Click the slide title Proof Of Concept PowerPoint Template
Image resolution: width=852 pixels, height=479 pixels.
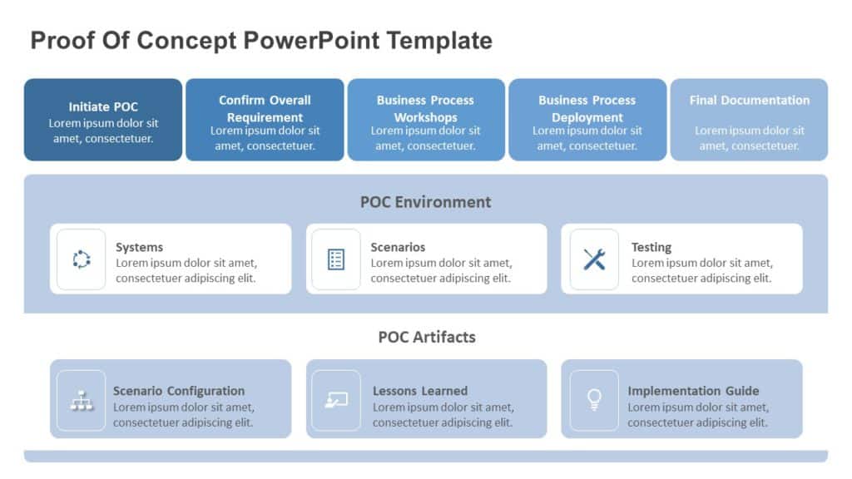(x=261, y=40)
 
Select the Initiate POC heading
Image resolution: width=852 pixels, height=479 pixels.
(x=103, y=106)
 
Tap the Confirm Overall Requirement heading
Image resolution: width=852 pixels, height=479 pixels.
(x=265, y=109)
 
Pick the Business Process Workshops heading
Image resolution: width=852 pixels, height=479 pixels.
(x=425, y=109)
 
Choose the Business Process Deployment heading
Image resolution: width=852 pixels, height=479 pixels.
(x=587, y=109)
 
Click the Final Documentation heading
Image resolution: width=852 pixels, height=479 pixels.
(x=749, y=101)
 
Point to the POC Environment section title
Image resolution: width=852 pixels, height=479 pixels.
(x=425, y=202)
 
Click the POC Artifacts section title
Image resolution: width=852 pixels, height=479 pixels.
(x=426, y=337)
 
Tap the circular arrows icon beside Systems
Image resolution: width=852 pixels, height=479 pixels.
(x=82, y=259)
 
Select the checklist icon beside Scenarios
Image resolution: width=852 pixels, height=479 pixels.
(x=336, y=259)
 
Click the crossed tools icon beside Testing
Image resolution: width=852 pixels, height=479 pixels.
(x=594, y=259)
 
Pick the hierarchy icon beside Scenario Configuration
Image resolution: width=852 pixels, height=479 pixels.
(x=82, y=400)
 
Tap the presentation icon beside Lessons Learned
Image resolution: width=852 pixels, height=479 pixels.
(x=336, y=400)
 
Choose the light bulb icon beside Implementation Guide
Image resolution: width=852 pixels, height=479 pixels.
(x=594, y=400)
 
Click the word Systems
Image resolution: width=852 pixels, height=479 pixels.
(x=139, y=247)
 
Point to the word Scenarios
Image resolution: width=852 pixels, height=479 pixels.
(x=398, y=247)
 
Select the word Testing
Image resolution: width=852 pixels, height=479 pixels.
(x=651, y=247)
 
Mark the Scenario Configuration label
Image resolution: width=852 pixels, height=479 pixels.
(x=179, y=391)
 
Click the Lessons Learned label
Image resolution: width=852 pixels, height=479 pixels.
(x=420, y=391)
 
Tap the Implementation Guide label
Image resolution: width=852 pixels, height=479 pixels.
(x=693, y=391)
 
